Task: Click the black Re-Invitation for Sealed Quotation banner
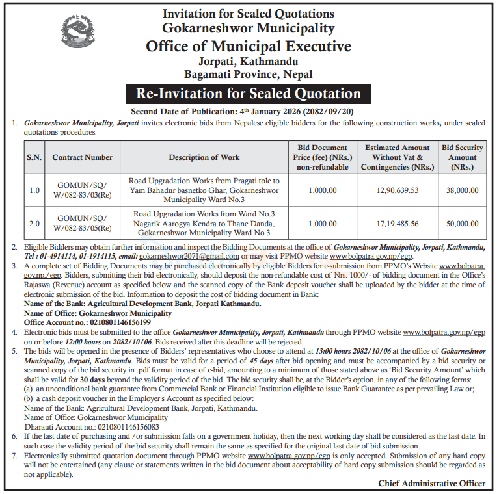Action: click(x=249, y=93)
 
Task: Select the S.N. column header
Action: click(x=34, y=157)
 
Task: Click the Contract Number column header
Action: click(x=82, y=157)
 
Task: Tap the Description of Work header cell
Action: click(x=204, y=157)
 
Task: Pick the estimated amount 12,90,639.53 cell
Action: click(x=397, y=190)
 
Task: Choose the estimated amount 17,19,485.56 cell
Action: click(x=397, y=223)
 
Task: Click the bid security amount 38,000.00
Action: click(x=462, y=190)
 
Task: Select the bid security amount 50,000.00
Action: click(x=462, y=223)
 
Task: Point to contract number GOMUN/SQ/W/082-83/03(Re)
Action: click(x=82, y=190)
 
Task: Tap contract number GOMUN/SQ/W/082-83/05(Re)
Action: click(x=82, y=223)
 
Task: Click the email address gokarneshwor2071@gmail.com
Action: click(x=189, y=257)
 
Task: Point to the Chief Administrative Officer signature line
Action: click(x=431, y=484)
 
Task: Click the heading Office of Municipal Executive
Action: click(x=249, y=47)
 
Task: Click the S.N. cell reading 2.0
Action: click(x=34, y=223)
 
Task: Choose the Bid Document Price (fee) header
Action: click(x=323, y=157)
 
